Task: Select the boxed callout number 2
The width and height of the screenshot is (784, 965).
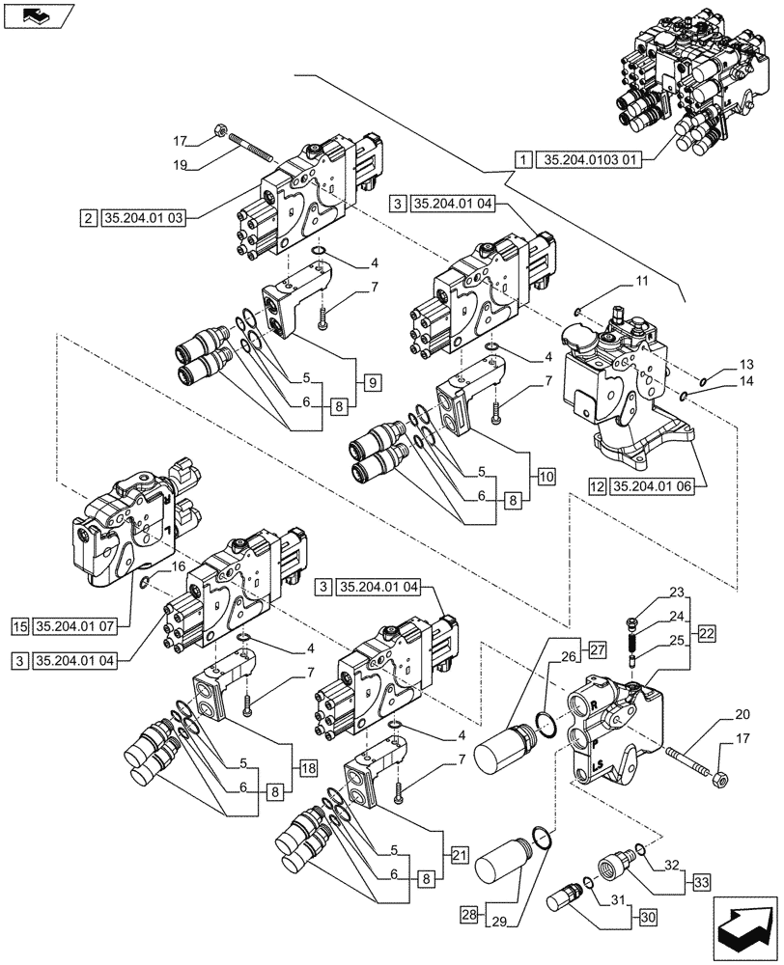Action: tap(88, 217)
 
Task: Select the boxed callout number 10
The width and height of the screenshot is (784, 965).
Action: tap(546, 476)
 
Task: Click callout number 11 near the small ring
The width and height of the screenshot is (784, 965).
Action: tap(640, 281)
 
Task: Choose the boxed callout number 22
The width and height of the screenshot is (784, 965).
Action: tap(707, 634)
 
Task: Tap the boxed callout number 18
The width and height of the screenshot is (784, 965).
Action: tap(307, 767)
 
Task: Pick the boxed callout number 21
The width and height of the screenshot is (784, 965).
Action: tap(457, 854)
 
